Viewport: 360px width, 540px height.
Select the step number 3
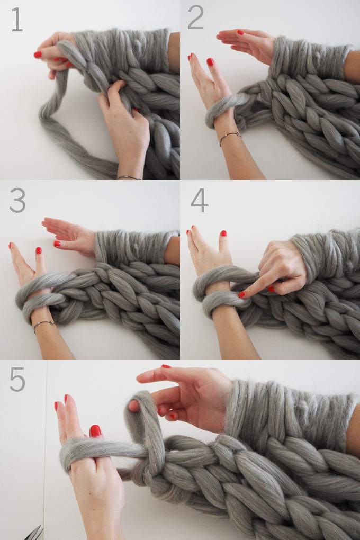[17, 201]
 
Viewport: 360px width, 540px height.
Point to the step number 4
[199, 200]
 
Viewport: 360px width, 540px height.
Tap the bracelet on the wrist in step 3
[43, 323]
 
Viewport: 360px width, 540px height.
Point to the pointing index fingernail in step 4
[241, 295]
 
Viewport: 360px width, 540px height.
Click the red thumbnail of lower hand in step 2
[210, 62]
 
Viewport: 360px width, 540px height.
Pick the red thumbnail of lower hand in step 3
[38, 250]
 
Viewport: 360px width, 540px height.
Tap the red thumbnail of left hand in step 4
[223, 233]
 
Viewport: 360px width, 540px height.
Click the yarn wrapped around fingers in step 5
[90, 450]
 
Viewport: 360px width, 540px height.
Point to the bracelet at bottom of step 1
[129, 177]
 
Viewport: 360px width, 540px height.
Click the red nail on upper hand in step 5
[166, 366]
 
